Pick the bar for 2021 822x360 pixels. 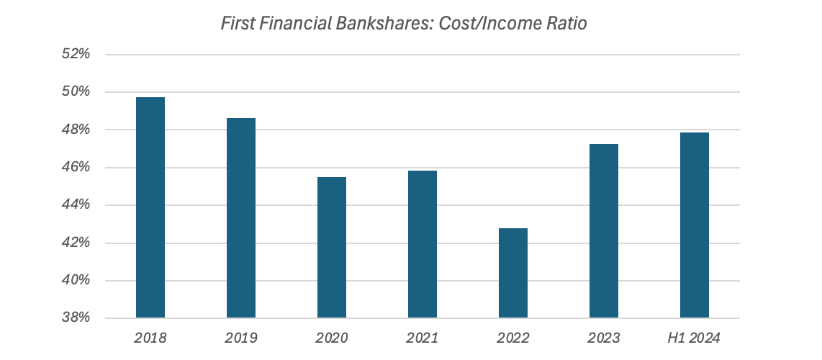(x=423, y=244)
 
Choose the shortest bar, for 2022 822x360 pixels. (x=513, y=273)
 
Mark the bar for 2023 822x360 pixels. (x=604, y=230)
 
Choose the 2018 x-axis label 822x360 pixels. (x=150, y=337)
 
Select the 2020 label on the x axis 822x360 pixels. (x=332, y=337)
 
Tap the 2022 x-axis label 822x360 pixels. (x=513, y=337)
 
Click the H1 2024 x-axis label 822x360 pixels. (x=695, y=337)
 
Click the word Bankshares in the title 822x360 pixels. (x=380, y=24)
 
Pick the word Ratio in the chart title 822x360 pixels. (x=566, y=24)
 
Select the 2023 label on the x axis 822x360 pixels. (x=604, y=337)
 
